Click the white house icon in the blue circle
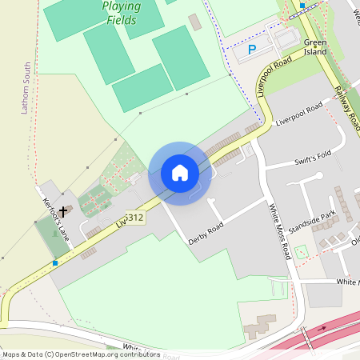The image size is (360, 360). coord(180,173)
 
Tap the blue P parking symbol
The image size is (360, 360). coord(252,50)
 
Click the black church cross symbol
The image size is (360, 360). coord(63,213)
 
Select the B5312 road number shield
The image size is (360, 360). coord(134,218)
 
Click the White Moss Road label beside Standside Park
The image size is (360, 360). coord(279,232)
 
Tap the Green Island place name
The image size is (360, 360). coord(315,46)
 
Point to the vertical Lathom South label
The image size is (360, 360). coord(26,88)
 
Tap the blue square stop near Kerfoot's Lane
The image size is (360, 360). coord(54,262)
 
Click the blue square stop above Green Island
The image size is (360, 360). coord(302,6)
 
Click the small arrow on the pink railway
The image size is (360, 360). coord(323,328)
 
